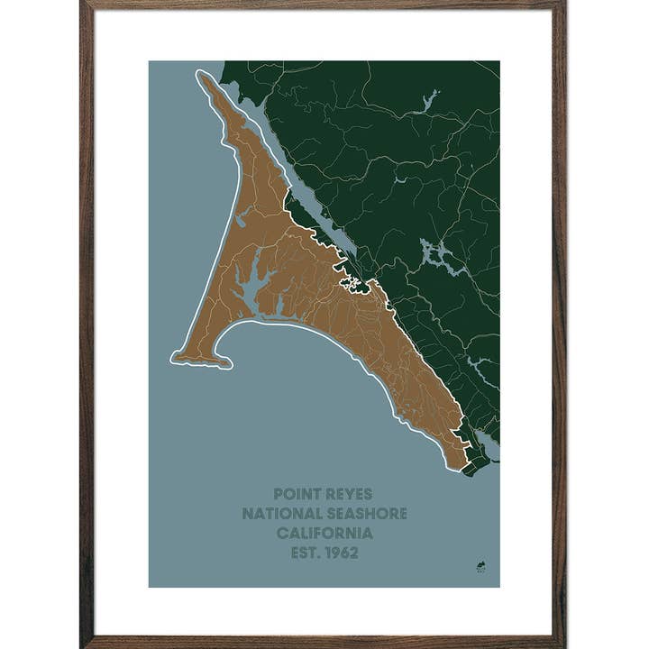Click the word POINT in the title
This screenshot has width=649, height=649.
tap(297, 494)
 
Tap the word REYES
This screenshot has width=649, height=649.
tap(350, 494)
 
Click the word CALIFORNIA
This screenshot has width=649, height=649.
tap(324, 533)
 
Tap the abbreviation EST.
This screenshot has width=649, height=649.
tap(305, 553)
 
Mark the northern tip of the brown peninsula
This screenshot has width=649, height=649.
tap(201, 74)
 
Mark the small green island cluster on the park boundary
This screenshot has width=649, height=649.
tap(352, 285)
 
